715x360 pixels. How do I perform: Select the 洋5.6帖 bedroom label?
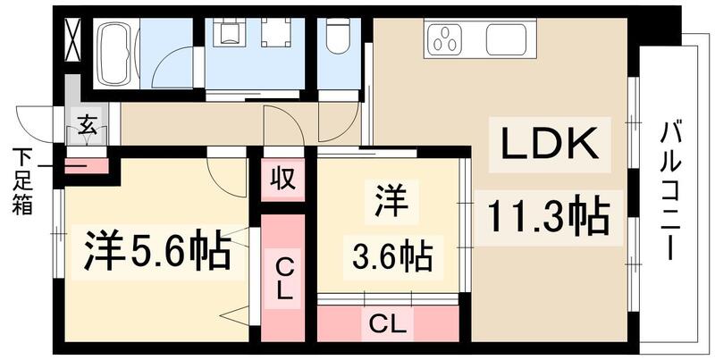coord(158,253)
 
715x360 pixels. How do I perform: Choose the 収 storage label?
coord(282,177)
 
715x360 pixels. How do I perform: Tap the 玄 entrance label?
coord(88,126)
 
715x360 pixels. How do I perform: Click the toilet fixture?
coord(338,39)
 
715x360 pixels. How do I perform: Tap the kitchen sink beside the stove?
coord(506,40)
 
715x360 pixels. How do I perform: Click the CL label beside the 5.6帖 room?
coord(283,278)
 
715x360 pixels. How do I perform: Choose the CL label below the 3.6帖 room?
coord(387,322)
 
